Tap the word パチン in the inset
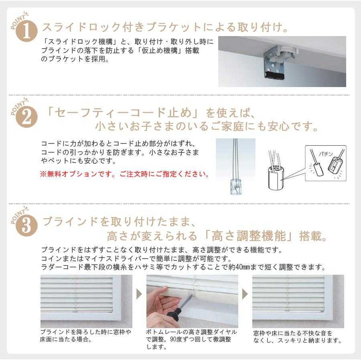(326, 154)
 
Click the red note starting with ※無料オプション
(125, 174)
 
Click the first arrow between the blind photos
(139, 294)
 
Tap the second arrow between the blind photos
(245, 294)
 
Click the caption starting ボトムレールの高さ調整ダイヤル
(192, 339)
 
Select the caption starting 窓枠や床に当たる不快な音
(297, 337)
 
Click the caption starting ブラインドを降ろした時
(86, 335)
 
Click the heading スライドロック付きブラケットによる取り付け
(165, 27)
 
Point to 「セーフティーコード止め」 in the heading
(123, 113)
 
